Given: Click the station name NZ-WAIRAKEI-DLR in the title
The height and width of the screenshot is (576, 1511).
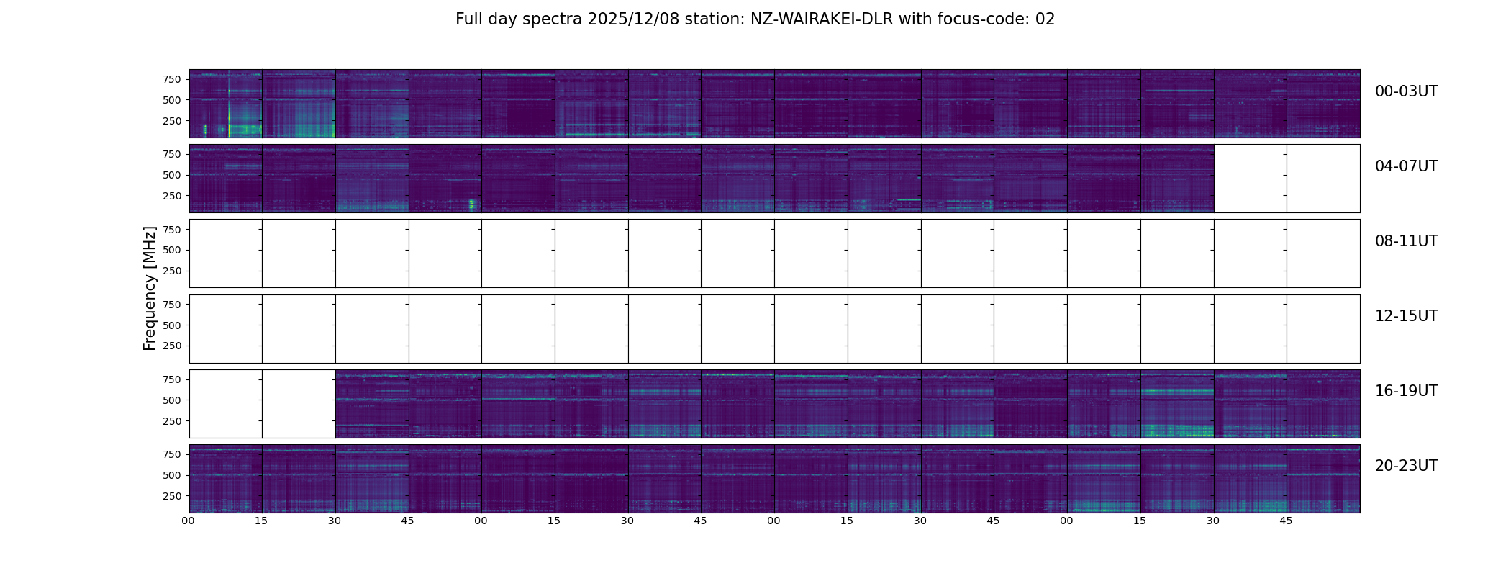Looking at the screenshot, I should tap(821, 19).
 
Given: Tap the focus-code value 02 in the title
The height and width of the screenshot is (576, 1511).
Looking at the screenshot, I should tap(1045, 19).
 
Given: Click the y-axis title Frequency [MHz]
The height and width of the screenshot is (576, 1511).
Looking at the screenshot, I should tap(150, 288).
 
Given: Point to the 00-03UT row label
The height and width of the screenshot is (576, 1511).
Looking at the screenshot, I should tap(1406, 91).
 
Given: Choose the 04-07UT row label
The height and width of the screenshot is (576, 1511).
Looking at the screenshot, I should tap(1406, 166).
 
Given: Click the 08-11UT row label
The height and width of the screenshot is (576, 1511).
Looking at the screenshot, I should tap(1406, 241).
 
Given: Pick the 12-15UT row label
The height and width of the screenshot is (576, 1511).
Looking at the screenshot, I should tap(1406, 316).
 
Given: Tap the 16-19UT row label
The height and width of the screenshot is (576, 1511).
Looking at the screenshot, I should tap(1406, 391).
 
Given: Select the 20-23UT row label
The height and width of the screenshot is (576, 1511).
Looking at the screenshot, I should tap(1406, 466).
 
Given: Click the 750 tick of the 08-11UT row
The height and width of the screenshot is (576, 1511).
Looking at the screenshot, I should tap(171, 230).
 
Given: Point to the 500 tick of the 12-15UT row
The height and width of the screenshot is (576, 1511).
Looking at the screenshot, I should tap(171, 325).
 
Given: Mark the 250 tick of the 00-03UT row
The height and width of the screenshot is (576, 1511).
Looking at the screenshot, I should tap(171, 121).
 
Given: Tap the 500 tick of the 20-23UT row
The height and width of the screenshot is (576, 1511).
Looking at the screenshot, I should tap(171, 475).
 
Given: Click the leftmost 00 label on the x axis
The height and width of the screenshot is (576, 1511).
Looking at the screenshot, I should tap(189, 521).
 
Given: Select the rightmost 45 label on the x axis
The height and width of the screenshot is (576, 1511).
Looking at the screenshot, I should tap(1286, 521).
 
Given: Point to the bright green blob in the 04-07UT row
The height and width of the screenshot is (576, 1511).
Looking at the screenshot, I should tap(472, 204).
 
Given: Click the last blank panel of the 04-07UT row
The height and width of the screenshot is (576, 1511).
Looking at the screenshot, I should tap(1323, 179).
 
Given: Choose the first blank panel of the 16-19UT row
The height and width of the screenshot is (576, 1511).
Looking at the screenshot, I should tap(226, 403).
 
